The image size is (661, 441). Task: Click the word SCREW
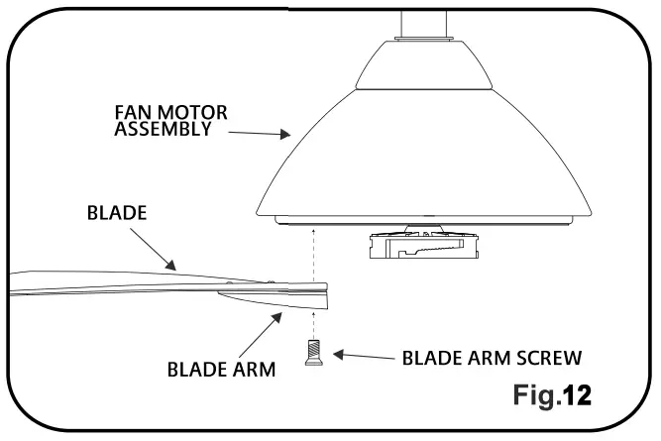pyautogui.click(x=543, y=356)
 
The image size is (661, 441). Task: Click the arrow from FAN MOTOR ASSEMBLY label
pyautogui.click(x=258, y=132)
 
